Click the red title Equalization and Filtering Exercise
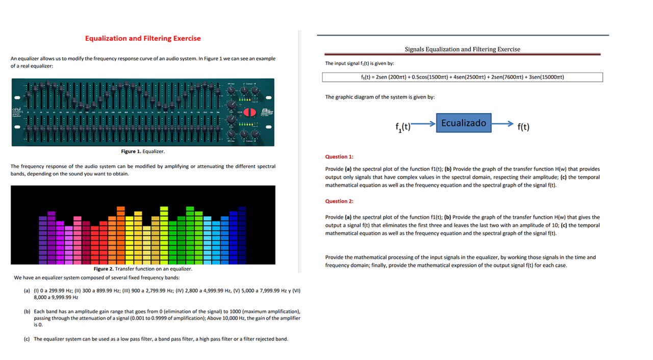coord(143,38)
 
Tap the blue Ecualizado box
coord(463,123)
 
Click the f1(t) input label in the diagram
coord(403,126)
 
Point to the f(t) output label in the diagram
coord(523,126)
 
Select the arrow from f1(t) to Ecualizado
coord(423,123)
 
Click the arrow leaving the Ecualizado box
coord(503,123)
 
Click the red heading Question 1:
coord(339,157)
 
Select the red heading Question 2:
coord(339,201)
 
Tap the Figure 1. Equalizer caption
coord(143,151)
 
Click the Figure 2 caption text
coord(143,269)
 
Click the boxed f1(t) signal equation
coord(462,77)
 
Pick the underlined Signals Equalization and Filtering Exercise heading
coord(462,49)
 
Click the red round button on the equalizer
coord(249,112)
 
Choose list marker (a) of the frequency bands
coord(27,291)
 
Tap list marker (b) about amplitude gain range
coord(27,311)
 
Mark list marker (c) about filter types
coord(27,339)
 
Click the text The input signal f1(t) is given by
coord(360,63)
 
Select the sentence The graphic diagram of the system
coord(380,97)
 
